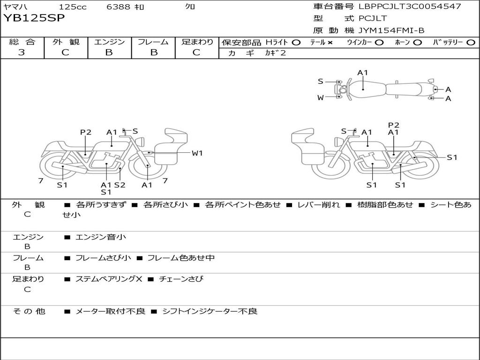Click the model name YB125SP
pos(34,18)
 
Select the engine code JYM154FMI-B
pos(391,30)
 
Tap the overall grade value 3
pos(22,52)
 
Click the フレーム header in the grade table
pos(153,42)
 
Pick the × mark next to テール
pos(330,43)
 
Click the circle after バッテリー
pos(471,43)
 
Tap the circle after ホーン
pos(418,43)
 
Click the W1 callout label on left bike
pos(197,153)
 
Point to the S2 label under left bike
pos(120,185)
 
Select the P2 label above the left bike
pos(86,132)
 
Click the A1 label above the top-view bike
pos(362,73)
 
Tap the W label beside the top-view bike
pos(321,97)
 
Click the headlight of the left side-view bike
pos(141,142)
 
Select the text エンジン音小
pos(101,237)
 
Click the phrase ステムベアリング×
pos(109,279)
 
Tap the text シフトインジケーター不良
pos(210,311)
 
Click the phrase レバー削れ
pos(319,205)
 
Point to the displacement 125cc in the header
pos(73,7)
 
